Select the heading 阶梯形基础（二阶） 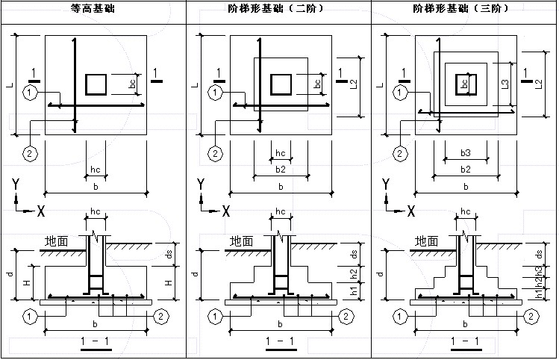[x=279, y=9]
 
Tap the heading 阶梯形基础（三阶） [x=464, y=9]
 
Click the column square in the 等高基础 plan [x=96, y=84]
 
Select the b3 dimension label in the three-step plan [x=465, y=153]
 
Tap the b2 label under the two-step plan [x=280, y=170]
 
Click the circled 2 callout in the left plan [x=30, y=154]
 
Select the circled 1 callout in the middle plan [x=215, y=93]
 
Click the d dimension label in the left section [x=9, y=274]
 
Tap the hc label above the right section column [x=465, y=212]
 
